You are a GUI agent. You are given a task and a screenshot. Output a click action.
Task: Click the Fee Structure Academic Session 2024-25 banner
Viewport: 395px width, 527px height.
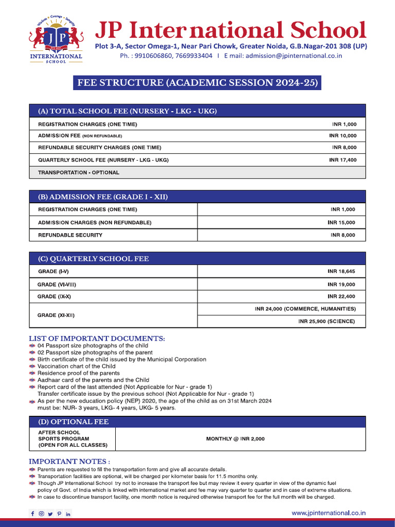(197, 83)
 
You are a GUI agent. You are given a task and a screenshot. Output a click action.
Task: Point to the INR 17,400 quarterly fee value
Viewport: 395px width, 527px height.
(343, 160)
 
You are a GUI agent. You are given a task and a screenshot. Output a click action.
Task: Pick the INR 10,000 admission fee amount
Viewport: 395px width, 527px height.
(343, 136)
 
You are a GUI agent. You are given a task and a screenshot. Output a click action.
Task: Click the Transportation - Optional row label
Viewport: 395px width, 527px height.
(79, 172)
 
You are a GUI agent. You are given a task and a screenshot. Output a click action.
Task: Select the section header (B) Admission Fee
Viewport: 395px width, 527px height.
(103, 197)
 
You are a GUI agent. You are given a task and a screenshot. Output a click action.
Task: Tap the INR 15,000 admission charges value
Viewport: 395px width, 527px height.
(341, 223)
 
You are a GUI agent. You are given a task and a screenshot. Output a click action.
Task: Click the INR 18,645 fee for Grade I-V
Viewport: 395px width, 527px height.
(341, 271)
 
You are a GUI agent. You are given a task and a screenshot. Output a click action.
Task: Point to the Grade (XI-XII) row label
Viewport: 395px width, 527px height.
(60, 314)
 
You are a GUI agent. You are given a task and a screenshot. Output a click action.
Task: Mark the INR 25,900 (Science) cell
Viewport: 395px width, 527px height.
(326, 322)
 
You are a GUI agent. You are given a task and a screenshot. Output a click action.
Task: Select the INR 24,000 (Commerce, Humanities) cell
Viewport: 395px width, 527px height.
(305, 309)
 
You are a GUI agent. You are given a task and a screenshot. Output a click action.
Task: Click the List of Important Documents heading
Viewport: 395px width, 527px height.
(97, 338)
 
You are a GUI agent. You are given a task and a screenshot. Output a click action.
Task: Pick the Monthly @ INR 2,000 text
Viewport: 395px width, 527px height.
(236, 439)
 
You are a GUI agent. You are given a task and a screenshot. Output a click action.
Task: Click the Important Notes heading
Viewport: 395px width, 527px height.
(69, 462)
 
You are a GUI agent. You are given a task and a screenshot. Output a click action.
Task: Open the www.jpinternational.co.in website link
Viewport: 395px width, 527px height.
(329, 513)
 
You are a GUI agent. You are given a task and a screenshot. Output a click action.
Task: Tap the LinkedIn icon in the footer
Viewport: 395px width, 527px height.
(68, 514)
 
